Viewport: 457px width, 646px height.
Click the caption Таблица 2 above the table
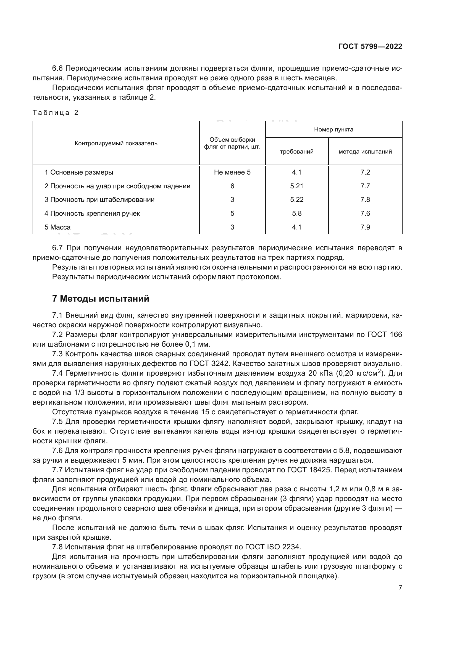tap(56, 113)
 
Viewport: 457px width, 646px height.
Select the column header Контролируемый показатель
tap(116, 143)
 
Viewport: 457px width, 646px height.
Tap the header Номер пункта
tap(333, 130)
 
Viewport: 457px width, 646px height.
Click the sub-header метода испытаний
tap(365, 152)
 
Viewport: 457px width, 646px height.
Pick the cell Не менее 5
tap(232, 172)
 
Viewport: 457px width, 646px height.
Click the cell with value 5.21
tap(296, 186)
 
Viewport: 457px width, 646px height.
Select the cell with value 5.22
tap(296, 199)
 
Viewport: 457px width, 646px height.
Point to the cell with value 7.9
tap(365, 227)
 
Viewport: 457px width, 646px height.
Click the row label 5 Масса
tap(57, 227)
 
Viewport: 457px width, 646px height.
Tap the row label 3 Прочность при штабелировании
tap(99, 199)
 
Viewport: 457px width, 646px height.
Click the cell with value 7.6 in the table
tap(365, 213)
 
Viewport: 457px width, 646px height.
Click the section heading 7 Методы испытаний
tap(101, 299)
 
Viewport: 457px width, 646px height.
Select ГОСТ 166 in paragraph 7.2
tap(384, 334)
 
